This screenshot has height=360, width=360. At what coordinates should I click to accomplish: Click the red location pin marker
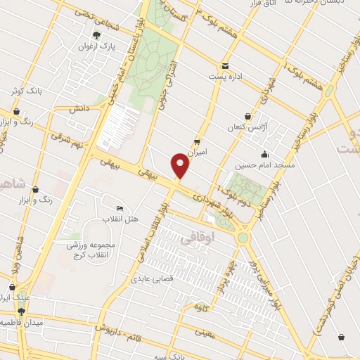[181, 165]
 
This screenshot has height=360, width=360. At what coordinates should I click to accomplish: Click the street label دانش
[77, 109]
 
